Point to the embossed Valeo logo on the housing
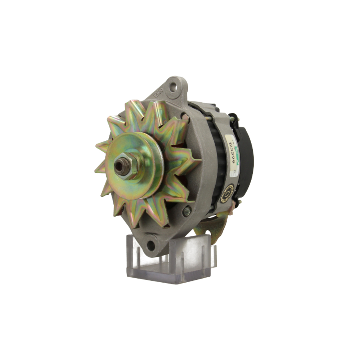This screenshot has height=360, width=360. point(159,93)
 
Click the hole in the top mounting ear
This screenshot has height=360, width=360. point(174,87)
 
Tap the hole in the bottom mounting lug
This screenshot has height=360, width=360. point(151,245)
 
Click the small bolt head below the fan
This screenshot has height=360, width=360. point(186,212)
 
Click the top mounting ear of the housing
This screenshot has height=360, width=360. point(175,88)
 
